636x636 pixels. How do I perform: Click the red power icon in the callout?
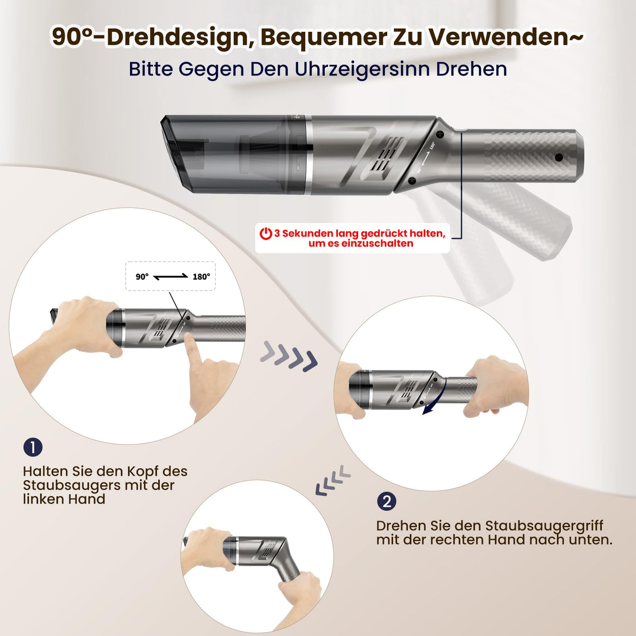point(266,234)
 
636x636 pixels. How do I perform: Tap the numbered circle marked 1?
point(33,447)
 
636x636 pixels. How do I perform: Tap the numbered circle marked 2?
point(387,502)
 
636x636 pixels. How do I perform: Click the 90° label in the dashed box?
point(142,277)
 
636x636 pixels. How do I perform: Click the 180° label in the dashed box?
point(201,277)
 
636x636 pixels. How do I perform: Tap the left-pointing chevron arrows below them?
point(333,481)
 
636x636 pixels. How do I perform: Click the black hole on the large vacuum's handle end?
point(559,158)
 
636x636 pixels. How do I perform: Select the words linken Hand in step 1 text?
point(64,499)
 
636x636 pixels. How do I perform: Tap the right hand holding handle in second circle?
point(497,386)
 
